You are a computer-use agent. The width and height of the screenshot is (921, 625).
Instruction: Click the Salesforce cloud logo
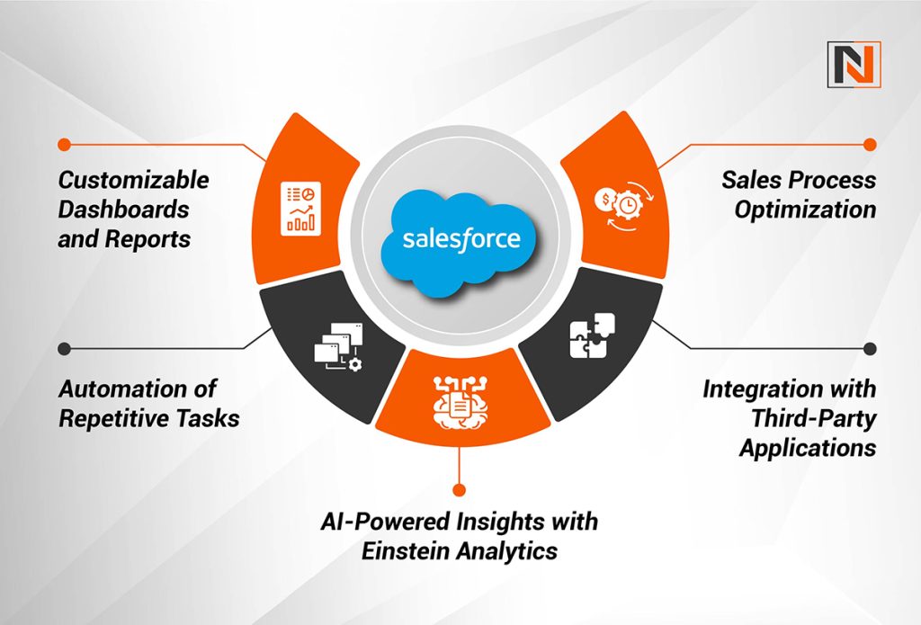[460, 239]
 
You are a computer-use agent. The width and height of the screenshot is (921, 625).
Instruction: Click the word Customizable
[134, 180]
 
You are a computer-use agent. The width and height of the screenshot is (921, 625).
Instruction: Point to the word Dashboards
[123, 210]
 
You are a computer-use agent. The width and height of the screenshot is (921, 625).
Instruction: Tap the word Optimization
[804, 210]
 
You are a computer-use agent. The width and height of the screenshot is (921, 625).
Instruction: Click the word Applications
[807, 448]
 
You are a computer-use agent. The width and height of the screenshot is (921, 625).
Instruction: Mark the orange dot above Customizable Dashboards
[63, 144]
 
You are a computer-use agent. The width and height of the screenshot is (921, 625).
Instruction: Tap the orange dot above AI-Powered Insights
[460, 490]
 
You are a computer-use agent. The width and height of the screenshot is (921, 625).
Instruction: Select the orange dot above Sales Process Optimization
[869, 144]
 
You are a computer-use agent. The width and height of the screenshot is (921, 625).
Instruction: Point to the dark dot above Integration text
[869, 348]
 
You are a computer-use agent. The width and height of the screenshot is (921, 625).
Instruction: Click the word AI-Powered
[387, 522]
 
